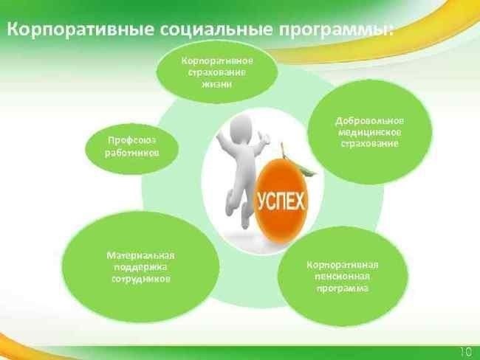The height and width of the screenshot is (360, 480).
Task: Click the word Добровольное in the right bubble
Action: point(369,120)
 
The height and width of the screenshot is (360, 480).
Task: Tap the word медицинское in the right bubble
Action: point(369,131)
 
